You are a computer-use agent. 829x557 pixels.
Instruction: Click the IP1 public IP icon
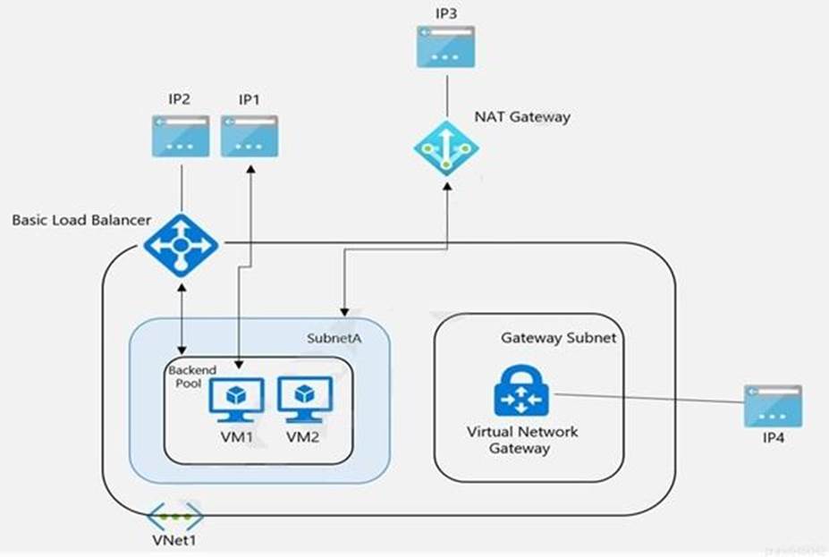[250, 136]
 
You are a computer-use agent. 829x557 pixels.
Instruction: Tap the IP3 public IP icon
[446, 46]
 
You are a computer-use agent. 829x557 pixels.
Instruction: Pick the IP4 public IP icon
[773, 407]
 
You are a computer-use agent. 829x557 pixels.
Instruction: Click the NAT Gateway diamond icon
[446, 147]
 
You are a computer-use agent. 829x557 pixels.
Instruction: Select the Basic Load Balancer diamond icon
[181, 243]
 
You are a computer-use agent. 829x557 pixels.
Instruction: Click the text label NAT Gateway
[523, 116]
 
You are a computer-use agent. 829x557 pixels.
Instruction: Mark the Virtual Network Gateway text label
[523, 440]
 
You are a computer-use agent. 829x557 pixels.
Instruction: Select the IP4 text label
[773, 440]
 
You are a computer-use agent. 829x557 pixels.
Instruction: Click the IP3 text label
[446, 13]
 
